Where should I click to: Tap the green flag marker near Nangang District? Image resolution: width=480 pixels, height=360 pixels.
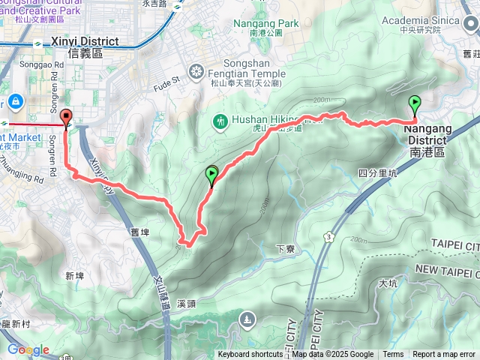415,103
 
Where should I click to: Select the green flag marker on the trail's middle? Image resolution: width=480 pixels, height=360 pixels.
211,175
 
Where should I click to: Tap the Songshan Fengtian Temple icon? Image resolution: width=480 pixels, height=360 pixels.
196,72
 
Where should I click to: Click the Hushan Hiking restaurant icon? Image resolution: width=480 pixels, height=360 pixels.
220,120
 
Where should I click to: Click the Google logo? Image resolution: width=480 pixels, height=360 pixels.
28,349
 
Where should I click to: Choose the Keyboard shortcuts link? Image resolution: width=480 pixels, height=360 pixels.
250,355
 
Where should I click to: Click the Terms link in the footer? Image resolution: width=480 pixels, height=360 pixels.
393,355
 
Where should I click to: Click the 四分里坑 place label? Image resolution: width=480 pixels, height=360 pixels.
377,173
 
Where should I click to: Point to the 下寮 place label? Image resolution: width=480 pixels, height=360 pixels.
283,248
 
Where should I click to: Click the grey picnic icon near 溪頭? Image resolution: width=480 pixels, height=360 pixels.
247,321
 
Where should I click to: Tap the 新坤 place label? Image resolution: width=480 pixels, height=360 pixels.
74,276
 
